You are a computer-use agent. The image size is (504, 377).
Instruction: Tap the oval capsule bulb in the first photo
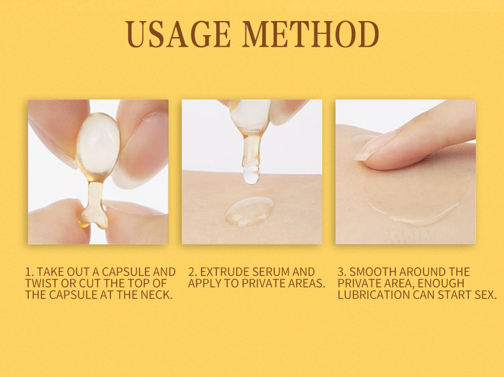[x=97, y=145]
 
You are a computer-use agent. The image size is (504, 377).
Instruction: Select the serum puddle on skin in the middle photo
[x=249, y=211]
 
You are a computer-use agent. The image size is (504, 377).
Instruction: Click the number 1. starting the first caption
[x=29, y=272]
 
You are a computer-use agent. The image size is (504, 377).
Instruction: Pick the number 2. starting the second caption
[x=193, y=272]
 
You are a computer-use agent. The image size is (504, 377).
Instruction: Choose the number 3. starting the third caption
[x=342, y=272]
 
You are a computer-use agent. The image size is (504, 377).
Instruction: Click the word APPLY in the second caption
[x=205, y=283]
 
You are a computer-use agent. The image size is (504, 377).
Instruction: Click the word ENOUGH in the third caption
[x=442, y=283]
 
